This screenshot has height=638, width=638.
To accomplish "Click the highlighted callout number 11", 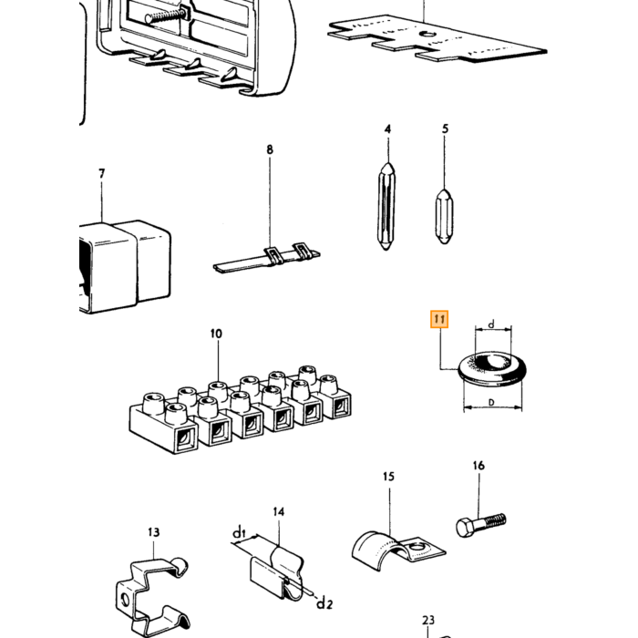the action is tap(439, 319).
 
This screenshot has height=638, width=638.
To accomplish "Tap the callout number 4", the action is tap(387, 129).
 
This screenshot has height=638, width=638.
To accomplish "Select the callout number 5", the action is tap(445, 129).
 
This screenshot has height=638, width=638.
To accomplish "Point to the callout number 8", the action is tap(270, 149).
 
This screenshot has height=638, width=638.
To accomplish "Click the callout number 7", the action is tap(102, 174).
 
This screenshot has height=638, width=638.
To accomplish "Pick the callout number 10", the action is tap(217, 334).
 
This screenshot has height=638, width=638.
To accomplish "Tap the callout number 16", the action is tap(478, 466).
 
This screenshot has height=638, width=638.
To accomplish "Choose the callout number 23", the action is tap(428, 620).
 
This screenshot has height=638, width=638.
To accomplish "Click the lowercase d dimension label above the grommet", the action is tap(491, 324).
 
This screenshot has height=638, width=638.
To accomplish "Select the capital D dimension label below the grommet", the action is tap(491, 403).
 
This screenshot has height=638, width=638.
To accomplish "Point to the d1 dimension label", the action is tap(239, 532).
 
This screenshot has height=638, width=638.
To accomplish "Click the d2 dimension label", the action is tap(324, 602).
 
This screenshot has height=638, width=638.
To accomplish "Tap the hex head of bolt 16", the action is tap(465, 528).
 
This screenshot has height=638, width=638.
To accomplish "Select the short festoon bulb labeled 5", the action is tap(445, 217).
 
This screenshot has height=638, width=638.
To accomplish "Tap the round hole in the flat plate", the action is tap(428, 35).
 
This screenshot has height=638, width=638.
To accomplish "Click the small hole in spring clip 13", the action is tap(125, 600).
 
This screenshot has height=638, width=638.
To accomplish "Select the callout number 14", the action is tap(278, 512).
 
